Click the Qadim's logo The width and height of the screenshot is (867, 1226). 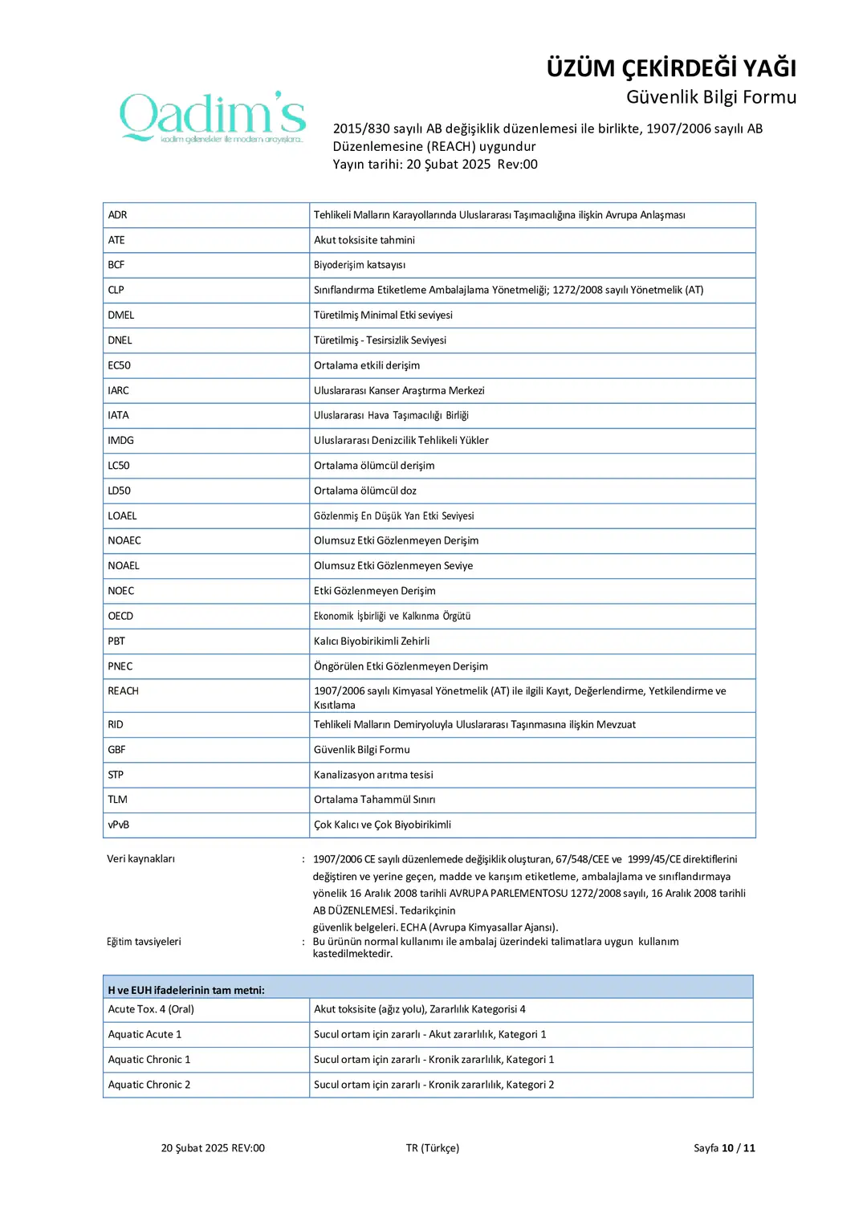pyautogui.click(x=213, y=117)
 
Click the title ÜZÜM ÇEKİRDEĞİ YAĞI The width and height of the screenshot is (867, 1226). pyautogui.click(x=671, y=68)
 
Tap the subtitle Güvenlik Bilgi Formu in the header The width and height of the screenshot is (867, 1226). pyautogui.click(x=711, y=97)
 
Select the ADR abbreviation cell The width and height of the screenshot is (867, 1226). pyautogui.click(x=118, y=215)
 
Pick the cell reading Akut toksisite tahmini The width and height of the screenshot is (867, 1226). pyautogui.click(x=364, y=240)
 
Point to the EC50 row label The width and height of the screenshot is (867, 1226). pyautogui.click(x=120, y=365)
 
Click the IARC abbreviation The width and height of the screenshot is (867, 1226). pyautogui.click(x=119, y=390)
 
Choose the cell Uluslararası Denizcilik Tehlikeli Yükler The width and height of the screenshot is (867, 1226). pyautogui.click(x=401, y=440)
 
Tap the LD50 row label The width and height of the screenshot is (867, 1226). pyautogui.click(x=120, y=491)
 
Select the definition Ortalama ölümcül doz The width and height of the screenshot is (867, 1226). pyautogui.click(x=365, y=491)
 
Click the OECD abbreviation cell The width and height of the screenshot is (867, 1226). pyautogui.click(x=121, y=616)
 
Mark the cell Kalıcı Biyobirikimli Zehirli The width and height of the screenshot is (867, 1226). pyautogui.click(x=372, y=641)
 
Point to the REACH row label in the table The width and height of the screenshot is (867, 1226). pyautogui.click(x=124, y=691)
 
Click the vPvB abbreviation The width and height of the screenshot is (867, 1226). pyautogui.click(x=119, y=825)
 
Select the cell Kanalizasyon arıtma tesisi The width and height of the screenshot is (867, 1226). pyautogui.click(x=373, y=775)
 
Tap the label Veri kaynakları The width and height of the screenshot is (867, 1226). pyautogui.click(x=141, y=859)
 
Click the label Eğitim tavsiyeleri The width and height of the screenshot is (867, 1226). pyautogui.click(x=144, y=942)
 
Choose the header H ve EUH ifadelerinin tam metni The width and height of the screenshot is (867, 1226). pyautogui.click(x=186, y=990)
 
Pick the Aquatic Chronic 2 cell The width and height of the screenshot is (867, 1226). pyautogui.click(x=149, y=1085)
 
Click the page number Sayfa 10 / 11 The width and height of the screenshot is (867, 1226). pyautogui.click(x=724, y=1148)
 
